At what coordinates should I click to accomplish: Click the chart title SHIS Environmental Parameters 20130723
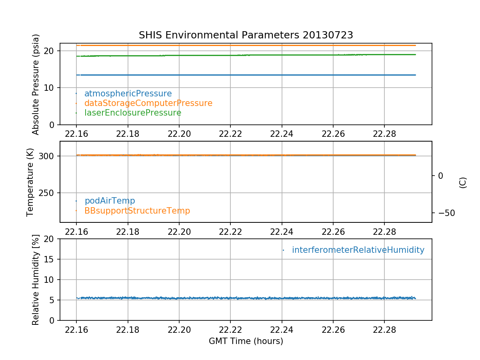(x=246, y=35)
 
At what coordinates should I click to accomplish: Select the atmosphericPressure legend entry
(x=128, y=94)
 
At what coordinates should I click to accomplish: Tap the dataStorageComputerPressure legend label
(x=148, y=103)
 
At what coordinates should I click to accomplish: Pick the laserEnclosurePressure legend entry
(x=133, y=113)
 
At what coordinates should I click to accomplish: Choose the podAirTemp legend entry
(x=110, y=201)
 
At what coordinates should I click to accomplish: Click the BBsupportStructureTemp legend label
(x=137, y=210)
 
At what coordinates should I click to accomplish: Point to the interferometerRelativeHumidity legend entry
(x=358, y=250)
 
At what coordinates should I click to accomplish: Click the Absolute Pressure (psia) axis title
(x=36, y=84)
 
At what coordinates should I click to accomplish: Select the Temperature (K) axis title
(x=30, y=182)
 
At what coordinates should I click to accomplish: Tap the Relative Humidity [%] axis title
(x=36, y=280)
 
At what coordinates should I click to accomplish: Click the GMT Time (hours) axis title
(x=246, y=341)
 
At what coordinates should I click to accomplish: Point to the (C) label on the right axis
(x=463, y=182)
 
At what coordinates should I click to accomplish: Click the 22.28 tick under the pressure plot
(x=384, y=133)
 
